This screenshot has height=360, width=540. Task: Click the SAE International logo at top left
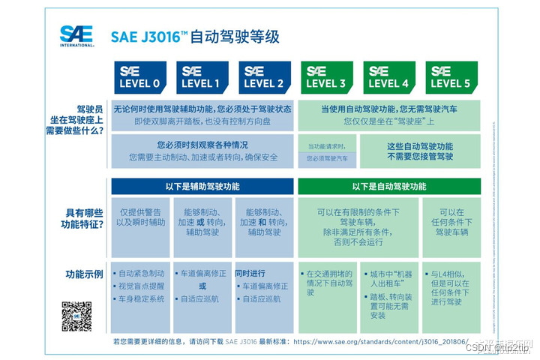76,35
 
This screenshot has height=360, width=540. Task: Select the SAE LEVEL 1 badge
202,77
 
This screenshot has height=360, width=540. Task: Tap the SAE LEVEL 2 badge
264,77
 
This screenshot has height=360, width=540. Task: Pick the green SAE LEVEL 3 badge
326,77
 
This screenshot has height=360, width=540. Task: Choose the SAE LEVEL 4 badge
389,77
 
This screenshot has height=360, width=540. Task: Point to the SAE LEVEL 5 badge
451,77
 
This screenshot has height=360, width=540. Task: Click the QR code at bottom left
76,316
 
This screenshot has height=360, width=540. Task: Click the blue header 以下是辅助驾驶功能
202,186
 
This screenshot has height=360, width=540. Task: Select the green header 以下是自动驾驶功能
388,186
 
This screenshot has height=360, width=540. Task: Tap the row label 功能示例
83,274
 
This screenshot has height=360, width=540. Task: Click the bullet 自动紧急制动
141,274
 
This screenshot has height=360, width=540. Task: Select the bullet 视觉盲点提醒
141,286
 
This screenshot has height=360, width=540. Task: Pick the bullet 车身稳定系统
141,299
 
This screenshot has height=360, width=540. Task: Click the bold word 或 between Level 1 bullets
202,286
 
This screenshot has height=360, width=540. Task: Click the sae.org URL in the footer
381,341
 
